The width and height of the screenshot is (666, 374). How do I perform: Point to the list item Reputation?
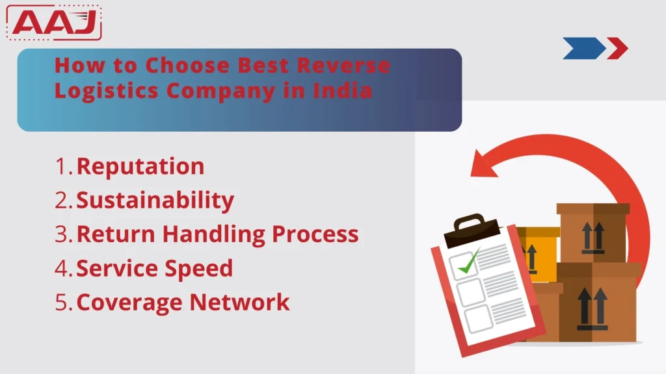140,167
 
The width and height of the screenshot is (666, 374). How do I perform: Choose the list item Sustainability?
155,201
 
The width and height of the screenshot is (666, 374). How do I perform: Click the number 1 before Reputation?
62,167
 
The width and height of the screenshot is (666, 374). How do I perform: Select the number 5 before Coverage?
63,302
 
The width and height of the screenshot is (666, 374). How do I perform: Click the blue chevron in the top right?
583,48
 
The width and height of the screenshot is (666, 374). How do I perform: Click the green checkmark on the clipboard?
468,262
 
